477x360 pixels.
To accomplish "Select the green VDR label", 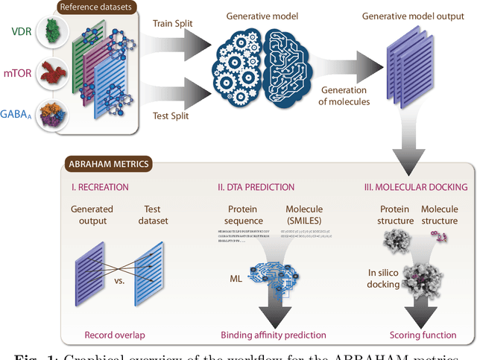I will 22,32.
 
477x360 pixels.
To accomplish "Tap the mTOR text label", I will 22,75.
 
